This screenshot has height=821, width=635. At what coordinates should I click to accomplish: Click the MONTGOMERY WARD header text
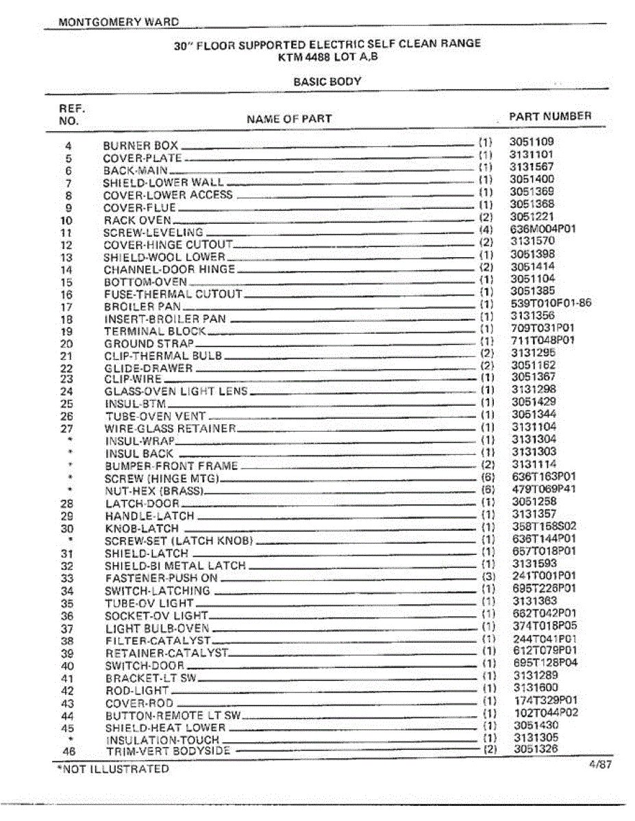coord(119,22)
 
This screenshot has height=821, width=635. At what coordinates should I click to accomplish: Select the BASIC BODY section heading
coord(327,81)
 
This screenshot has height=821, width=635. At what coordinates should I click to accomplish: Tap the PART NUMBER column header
coord(550,116)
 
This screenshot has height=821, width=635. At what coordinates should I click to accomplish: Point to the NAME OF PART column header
coord(289,119)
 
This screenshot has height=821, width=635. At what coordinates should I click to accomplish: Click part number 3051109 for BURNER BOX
coord(532,142)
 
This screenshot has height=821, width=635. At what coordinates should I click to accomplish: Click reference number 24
coord(66,391)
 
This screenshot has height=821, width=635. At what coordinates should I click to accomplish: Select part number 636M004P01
coord(543,229)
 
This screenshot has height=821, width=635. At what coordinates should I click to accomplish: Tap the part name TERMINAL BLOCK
coord(155,331)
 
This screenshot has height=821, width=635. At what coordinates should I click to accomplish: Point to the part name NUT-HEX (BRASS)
coord(151,491)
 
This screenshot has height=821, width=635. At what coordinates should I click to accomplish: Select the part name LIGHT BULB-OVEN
coord(158,628)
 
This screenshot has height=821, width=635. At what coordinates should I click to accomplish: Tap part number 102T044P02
coord(546,712)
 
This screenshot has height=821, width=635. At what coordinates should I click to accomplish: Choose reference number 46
coord(67,752)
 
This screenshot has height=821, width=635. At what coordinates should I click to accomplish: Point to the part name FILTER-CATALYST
coord(158,641)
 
